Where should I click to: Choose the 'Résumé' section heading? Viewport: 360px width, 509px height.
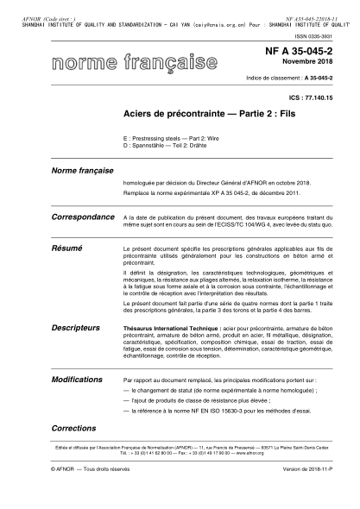(66, 247)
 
